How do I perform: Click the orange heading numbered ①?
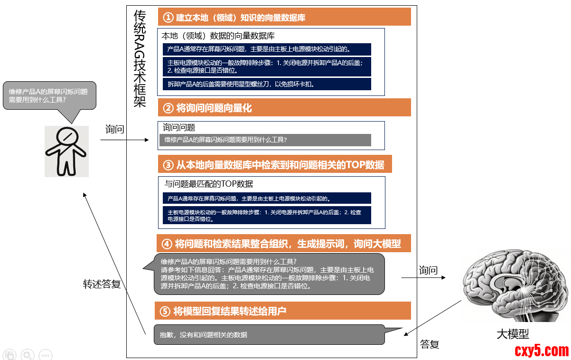coord(284,18)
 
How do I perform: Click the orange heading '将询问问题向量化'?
coord(284,108)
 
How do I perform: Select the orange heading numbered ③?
coord(275,165)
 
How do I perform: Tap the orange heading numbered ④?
coord(283,244)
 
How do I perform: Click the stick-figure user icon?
coord(66,151)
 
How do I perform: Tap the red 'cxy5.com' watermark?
coord(542,351)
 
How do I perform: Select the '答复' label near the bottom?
coord(430,344)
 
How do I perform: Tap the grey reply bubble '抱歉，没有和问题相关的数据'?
coord(269,335)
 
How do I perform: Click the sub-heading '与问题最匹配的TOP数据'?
coord(209,184)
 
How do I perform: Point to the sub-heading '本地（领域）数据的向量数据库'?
coord(218,36)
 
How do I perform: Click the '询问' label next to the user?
coord(114,129)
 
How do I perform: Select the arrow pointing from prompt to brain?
coord(423,277)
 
